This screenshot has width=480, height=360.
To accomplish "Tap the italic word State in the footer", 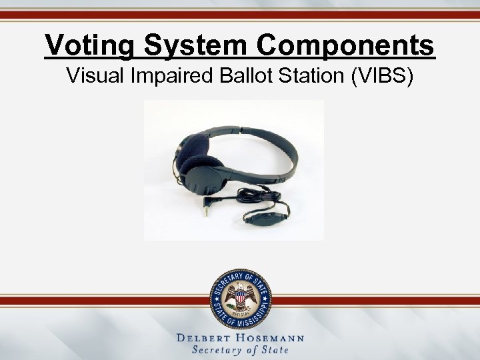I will click(275, 351).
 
